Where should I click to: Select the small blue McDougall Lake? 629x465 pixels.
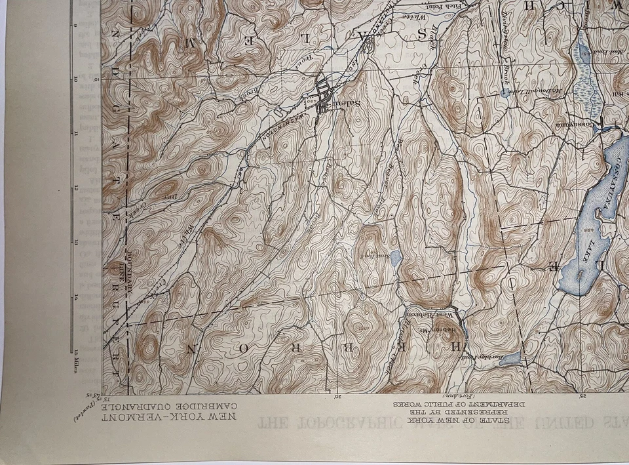pyautogui.click(x=503, y=93)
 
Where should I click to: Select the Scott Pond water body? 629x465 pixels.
pyautogui.click(x=396, y=260)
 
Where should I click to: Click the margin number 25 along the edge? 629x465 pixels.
pyautogui.click(x=584, y=395)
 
